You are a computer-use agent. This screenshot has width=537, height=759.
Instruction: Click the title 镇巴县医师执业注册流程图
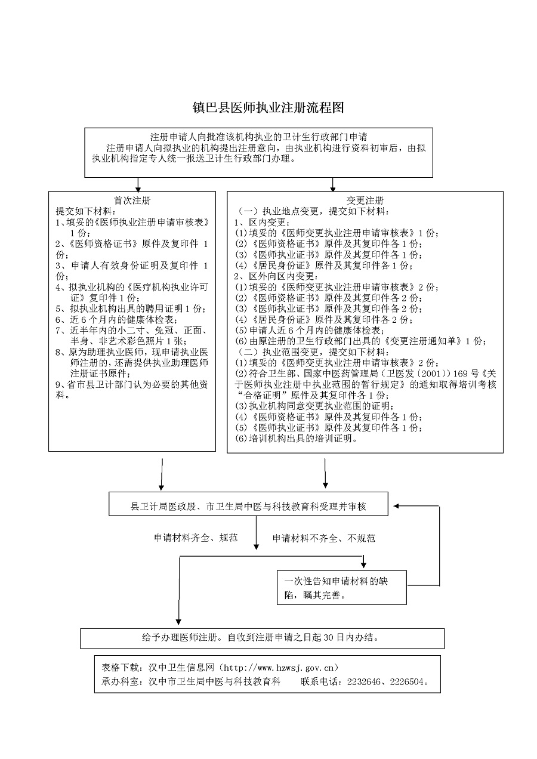click(268, 108)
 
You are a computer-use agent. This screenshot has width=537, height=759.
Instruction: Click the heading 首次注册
click(132, 200)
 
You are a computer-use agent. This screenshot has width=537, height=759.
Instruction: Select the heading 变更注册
click(365, 200)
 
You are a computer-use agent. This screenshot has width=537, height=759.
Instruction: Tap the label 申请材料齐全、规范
click(196, 538)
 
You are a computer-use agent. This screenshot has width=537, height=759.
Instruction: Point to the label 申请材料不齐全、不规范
click(324, 538)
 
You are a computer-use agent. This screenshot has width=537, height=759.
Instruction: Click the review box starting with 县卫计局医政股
click(248, 506)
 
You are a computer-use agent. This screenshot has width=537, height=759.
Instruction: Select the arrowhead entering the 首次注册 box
click(138, 189)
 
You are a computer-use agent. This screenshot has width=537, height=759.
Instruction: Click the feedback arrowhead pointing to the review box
click(394, 505)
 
